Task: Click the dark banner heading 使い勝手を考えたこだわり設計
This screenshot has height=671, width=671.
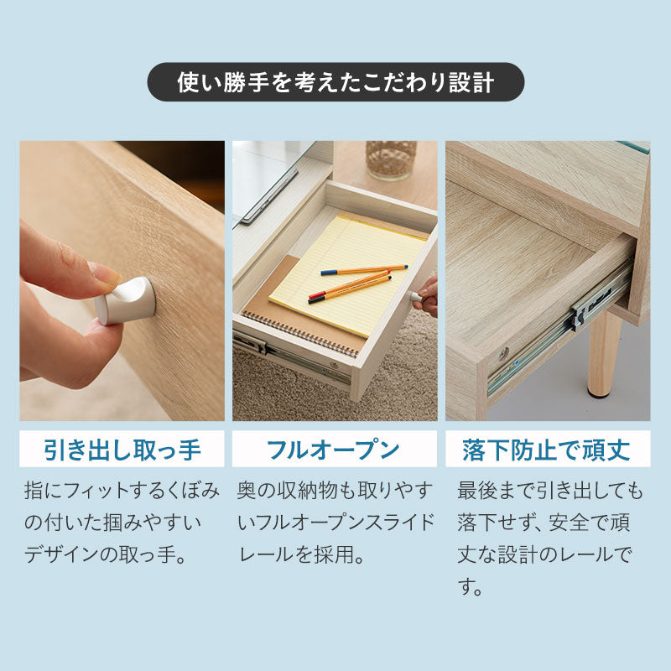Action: (x=335, y=82)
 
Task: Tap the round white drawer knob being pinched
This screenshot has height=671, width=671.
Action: (x=126, y=300)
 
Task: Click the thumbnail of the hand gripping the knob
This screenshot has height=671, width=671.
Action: (x=122, y=281)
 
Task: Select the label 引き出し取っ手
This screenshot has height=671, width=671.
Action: (x=122, y=450)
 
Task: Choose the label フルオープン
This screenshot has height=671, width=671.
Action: (x=334, y=450)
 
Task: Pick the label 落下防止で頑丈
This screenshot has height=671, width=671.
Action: (x=546, y=450)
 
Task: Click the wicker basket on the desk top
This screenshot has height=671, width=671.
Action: (x=391, y=159)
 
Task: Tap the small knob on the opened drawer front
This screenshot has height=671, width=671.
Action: (x=414, y=296)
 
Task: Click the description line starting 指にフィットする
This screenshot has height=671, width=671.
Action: (x=122, y=490)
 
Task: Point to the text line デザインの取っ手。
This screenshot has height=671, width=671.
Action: (x=105, y=555)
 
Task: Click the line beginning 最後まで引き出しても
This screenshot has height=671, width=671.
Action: (x=550, y=490)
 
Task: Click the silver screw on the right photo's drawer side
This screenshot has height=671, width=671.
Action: (x=503, y=353)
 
